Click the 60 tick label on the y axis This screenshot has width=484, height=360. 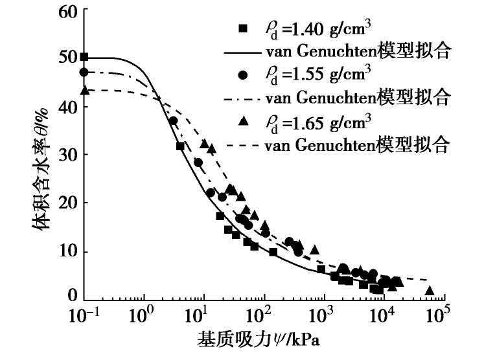click(x=67, y=12)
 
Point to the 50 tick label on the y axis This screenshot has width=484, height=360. click(x=67, y=58)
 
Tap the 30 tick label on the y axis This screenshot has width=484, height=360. click(x=67, y=155)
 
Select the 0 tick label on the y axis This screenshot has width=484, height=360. click(x=72, y=297)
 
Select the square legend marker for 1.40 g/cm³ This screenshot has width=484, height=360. click(x=244, y=29)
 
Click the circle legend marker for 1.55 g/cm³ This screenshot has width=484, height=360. click(x=244, y=75)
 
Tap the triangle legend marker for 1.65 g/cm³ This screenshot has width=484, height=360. click(x=244, y=121)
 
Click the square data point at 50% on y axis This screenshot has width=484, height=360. click(x=84, y=58)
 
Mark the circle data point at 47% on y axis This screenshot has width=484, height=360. click(x=84, y=72)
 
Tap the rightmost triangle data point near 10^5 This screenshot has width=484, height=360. click(x=429, y=291)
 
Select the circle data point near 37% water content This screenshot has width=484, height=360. click(x=173, y=120)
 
